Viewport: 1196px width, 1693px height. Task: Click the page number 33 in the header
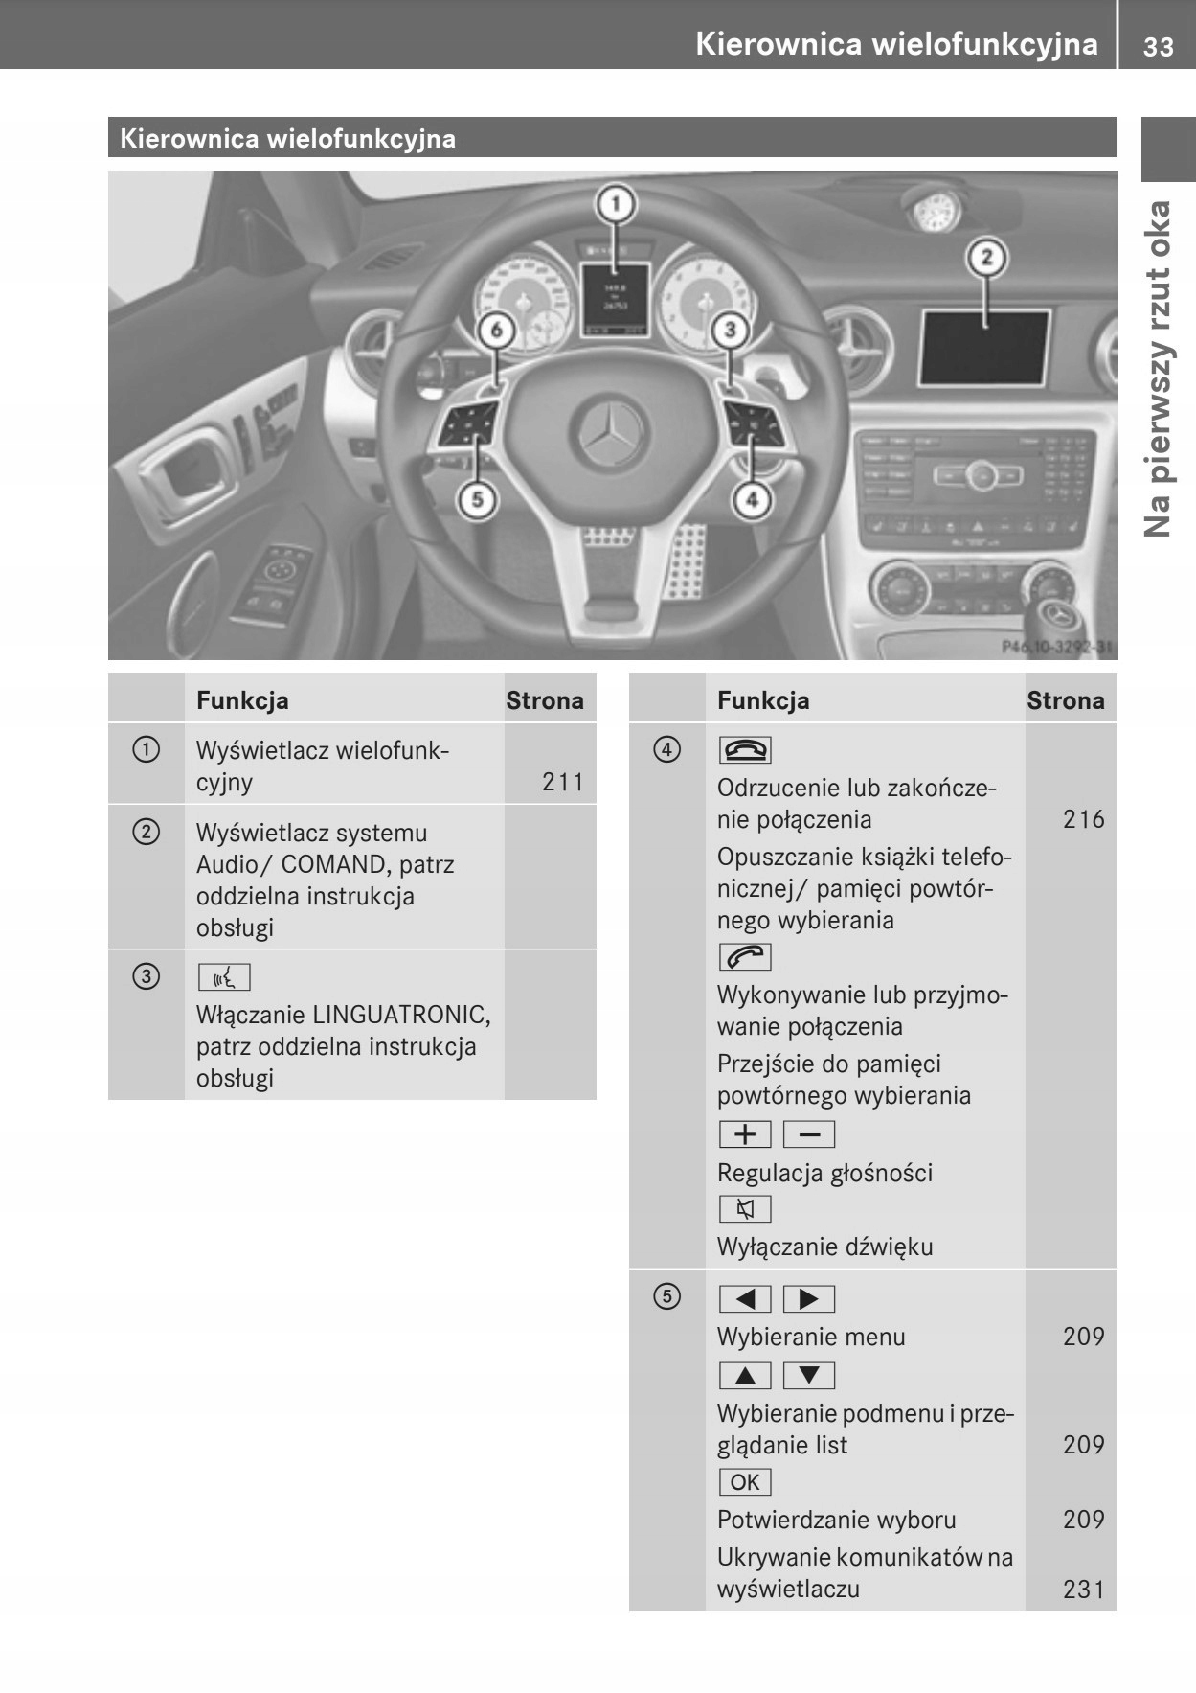click(x=1158, y=46)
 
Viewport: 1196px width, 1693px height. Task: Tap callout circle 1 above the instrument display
click(x=616, y=204)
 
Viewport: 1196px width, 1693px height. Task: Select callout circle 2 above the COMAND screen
click(x=987, y=257)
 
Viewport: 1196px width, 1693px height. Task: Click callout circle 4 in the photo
click(x=752, y=499)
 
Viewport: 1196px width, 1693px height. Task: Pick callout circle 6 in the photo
click(x=496, y=331)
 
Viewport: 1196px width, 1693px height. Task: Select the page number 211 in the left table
click(x=562, y=782)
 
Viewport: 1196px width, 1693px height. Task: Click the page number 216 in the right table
click(x=1083, y=819)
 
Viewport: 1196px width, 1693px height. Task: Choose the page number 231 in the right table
click(x=1083, y=1589)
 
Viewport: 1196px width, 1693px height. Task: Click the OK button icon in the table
click(x=744, y=1482)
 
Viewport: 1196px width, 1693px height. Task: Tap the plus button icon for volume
click(x=744, y=1134)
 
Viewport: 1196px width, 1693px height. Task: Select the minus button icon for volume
click(x=809, y=1134)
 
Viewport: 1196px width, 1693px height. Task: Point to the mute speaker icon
click(x=744, y=1209)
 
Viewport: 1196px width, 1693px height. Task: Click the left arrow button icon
click(x=744, y=1299)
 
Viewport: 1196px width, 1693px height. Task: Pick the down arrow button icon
click(x=809, y=1376)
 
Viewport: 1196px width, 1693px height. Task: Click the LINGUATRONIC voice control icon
click(x=223, y=977)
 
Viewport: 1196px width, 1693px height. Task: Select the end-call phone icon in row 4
click(x=744, y=750)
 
